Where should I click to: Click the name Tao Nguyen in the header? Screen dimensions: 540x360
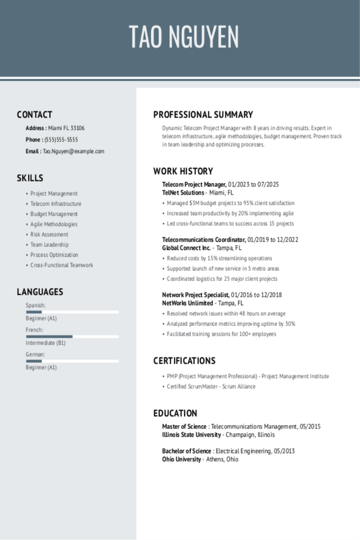[x=184, y=37]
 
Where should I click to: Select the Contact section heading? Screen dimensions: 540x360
[x=35, y=115]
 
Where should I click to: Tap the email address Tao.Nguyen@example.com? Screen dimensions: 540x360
[x=74, y=151]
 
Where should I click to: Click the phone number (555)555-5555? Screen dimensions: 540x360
[x=61, y=140]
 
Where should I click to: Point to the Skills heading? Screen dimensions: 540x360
[x=30, y=178]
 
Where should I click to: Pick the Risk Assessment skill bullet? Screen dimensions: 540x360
[x=49, y=234]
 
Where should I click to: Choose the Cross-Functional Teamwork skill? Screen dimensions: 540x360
[x=61, y=265]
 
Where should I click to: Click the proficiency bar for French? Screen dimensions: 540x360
[x=72, y=337]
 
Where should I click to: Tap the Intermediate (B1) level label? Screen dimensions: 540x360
[x=45, y=343]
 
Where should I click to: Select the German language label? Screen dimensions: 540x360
[x=35, y=355]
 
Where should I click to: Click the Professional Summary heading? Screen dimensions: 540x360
[x=203, y=115]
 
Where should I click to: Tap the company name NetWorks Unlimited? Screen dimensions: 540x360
[x=187, y=303]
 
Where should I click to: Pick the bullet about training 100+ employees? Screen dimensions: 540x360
[x=221, y=334]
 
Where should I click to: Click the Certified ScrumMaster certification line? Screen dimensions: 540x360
[x=211, y=387]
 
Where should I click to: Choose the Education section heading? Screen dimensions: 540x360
[x=175, y=413]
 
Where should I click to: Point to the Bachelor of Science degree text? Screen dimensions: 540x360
[x=187, y=451]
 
